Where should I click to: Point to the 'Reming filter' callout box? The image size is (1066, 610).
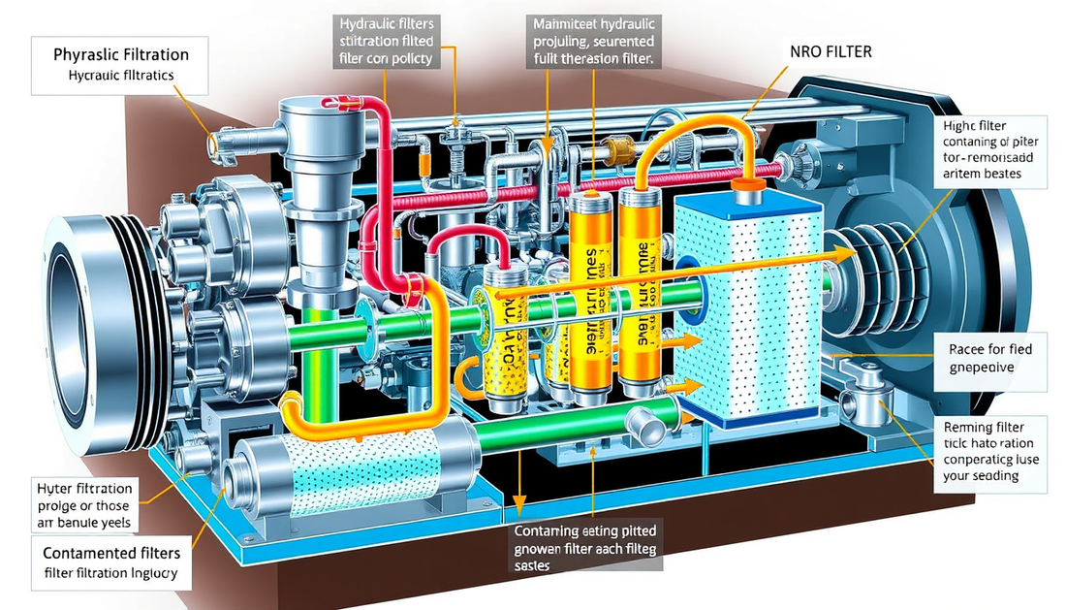pyautogui.click(x=994, y=450)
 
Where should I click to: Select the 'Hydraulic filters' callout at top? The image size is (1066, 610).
pyautogui.click(x=385, y=41)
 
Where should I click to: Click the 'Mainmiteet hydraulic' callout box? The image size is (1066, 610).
pyautogui.click(x=593, y=41)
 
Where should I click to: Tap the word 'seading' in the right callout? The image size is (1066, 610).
pyautogui.click(x=994, y=476)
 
